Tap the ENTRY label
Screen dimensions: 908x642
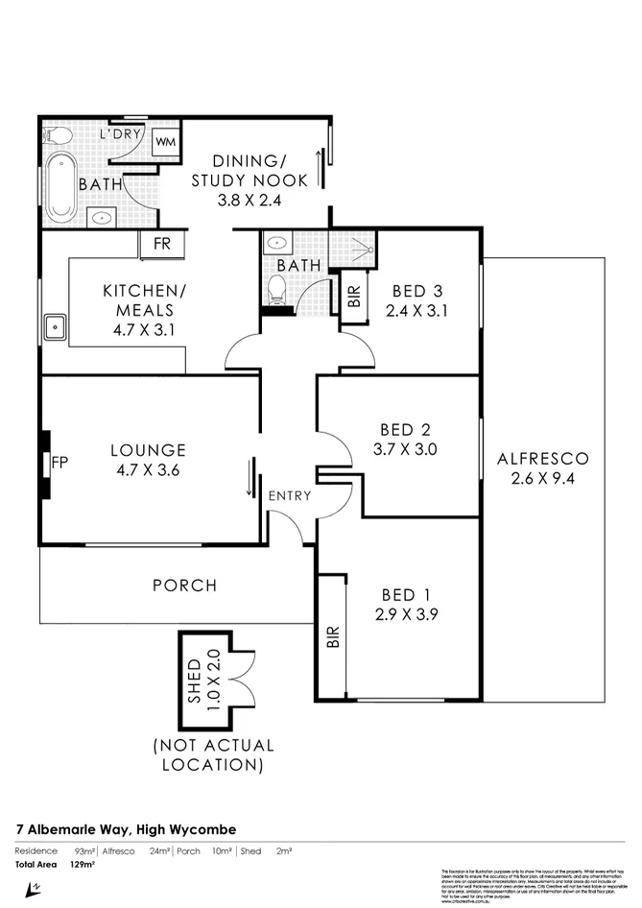tap(289, 495)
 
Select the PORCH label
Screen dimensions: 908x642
tap(184, 585)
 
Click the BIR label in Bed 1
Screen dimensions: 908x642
tap(333, 636)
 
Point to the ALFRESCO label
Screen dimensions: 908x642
tap(542, 458)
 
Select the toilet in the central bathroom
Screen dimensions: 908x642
tap(278, 286)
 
